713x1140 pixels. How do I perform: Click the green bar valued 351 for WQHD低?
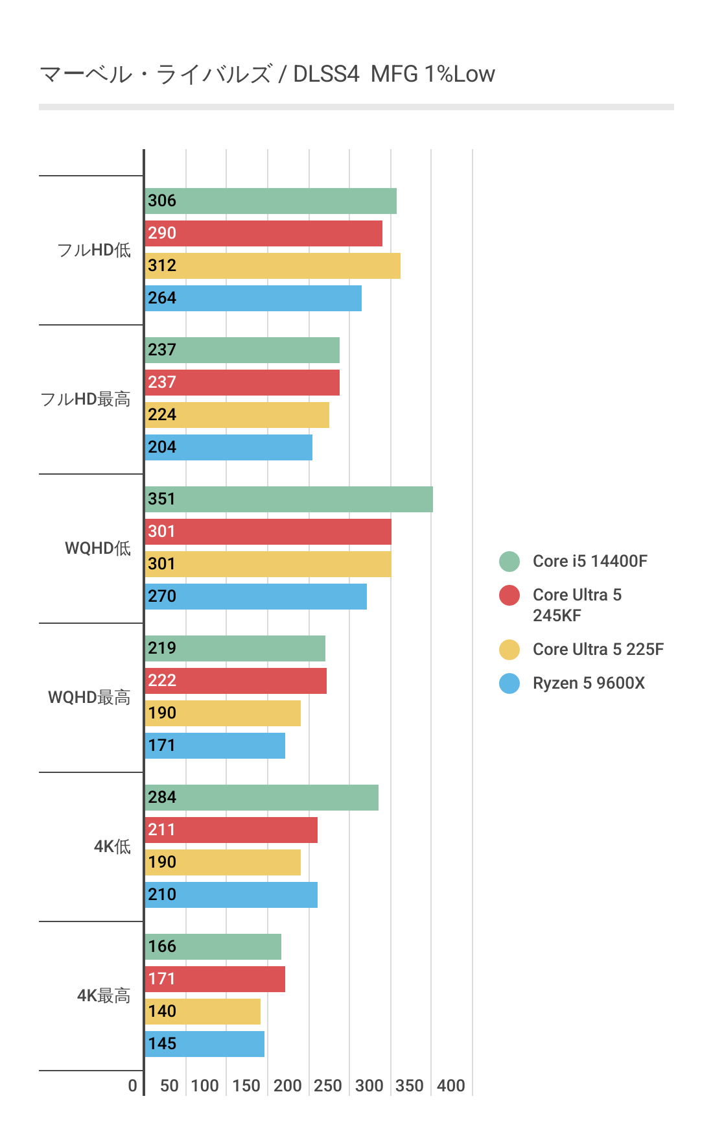pyautogui.click(x=288, y=499)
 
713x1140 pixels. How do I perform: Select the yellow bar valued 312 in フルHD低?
pyautogui.click(x=272, y=266)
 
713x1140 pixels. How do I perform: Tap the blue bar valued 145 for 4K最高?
pyautogui.click(x=205, y=1044)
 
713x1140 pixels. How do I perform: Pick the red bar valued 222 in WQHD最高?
pyautogui.click(x=236, y=681)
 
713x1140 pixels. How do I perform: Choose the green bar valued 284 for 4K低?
pyautogui.click(x=262, y=798)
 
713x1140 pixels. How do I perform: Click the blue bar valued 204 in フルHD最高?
pyautogui.click(x=229, y=447)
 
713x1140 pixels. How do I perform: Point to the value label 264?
pyautogui.click(x=162, y=298)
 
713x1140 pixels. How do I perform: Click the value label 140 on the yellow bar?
pyautogui.click(x=162, y=1012)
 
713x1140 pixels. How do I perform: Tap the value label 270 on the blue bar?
pyautogui.click(x=162, y=597)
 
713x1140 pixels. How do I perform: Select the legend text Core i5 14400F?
pyautogui.click(x=590, y=562)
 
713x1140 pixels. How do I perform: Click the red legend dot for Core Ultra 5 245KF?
pyautogui.click(x=509, y=595)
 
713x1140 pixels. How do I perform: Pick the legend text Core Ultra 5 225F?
pyautogui.click(x=598, y=650)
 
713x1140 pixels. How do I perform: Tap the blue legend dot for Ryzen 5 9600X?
pyautogui.click(x=509, y=683)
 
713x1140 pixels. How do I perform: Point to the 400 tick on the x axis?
pyautogui.click(x=451, y=1086)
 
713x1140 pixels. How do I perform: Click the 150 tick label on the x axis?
pyautogui.click(x=246, y=1086)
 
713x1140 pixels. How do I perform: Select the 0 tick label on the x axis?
pyautogui.click(x=133, y=1086)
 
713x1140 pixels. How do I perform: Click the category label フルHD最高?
pyautogui.click(x=86, y=399)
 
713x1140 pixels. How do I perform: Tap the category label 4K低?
pyautogui.click(x=112, y=847)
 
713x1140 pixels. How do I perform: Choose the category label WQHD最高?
pyautogui.click(x=89, y=698)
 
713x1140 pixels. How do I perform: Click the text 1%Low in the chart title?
pyautogui.click(x=460, y=75)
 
